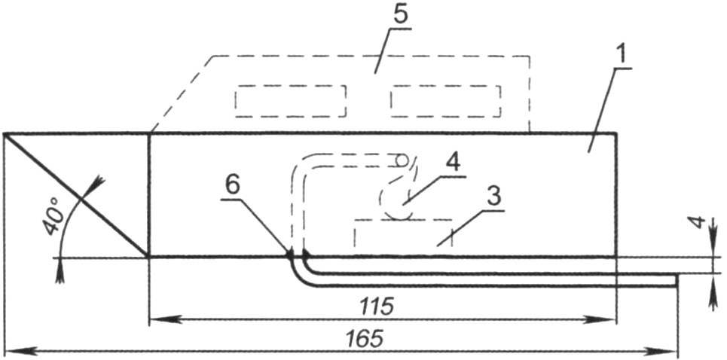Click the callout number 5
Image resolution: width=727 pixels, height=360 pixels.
click(400, 14)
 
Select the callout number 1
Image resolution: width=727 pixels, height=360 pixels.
click(622, 54)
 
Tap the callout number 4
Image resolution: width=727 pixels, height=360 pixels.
click(454, 163)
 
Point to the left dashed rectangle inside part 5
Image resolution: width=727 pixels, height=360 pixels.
click(291, 101)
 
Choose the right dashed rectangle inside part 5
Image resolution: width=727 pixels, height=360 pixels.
click(446, 101)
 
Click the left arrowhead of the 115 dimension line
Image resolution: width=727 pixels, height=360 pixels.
click(159, 319)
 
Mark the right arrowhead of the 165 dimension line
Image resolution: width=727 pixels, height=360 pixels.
click(667, 352)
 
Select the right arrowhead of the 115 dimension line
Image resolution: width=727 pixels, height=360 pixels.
click(606, 319)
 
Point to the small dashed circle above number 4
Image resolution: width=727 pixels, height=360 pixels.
click(402, 160)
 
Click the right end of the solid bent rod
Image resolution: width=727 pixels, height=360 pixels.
click(677, 281)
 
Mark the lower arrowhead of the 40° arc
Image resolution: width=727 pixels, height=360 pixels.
click(60, 273)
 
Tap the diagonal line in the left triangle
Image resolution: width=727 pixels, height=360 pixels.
click(76, 195)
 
